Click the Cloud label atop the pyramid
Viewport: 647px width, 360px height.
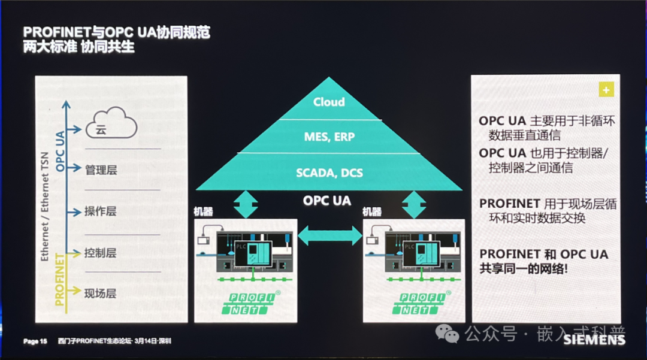329,102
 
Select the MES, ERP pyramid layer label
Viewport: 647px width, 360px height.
329,137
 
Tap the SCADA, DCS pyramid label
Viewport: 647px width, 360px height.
329,173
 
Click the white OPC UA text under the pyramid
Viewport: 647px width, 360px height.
327,201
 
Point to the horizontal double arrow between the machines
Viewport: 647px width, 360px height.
330,235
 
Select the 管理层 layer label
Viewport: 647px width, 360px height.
101,170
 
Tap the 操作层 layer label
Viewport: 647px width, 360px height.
101,211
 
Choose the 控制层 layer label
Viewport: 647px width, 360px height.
101,253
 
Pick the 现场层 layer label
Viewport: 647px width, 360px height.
101,294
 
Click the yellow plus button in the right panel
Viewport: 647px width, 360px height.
606,90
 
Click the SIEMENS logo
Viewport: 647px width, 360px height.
594,340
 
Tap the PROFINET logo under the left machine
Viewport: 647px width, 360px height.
246,303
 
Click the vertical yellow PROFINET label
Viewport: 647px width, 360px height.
61,280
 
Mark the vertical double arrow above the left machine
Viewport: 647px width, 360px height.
245,204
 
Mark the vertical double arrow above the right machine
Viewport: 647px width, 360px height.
414,204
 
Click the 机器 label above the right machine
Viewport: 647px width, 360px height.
372,212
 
